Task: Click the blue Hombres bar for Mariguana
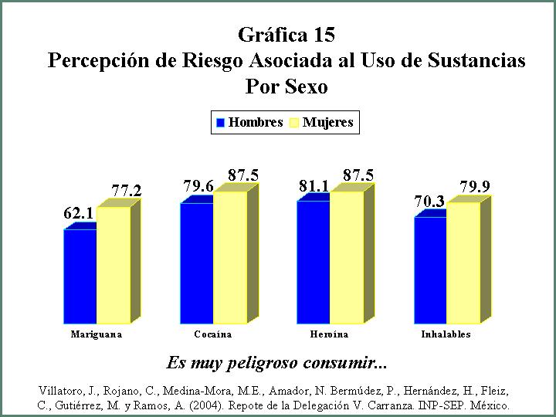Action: point(80,276)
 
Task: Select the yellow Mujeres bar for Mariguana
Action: point(114,265)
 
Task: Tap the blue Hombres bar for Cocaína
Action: point(197,263)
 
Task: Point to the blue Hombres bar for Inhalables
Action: point(430,270)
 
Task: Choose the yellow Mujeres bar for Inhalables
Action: point(463,263)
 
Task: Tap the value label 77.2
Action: point(127,192)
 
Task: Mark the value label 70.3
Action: point(429,202)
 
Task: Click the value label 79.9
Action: point(475,187)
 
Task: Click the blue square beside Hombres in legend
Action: point(220,123)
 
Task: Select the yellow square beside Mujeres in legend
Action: point(294,123)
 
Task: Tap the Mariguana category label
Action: point(97,334)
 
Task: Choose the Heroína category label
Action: point(329,334)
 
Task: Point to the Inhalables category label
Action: point(446,334)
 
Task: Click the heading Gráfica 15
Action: point(286,35)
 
